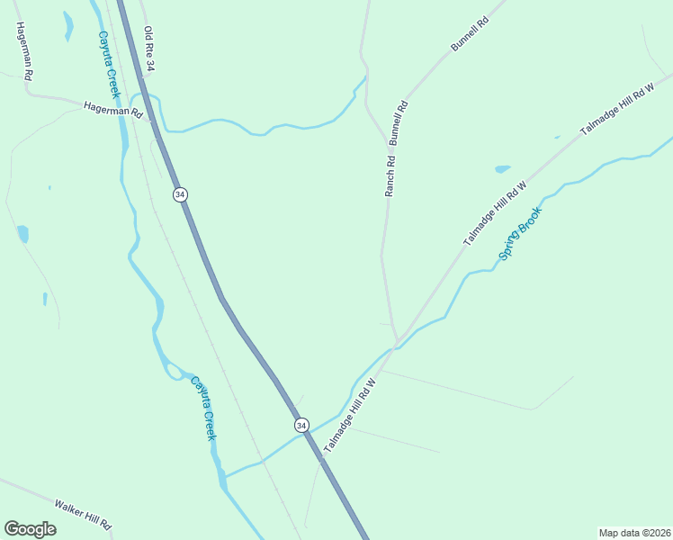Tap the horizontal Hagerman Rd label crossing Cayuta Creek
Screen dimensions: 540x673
[113, 109]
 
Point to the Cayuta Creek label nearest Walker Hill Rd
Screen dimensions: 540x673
[202, 408]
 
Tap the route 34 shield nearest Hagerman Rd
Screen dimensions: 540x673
[180, 194]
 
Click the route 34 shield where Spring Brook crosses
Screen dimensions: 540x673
[301, 425]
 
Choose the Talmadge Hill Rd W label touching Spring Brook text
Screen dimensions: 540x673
[494, 213]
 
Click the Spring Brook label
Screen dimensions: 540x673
[522, 234]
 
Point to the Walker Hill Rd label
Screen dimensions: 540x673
[82, 514]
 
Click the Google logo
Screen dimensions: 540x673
[30, 529]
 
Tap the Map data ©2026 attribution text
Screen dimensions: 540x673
[634, 533]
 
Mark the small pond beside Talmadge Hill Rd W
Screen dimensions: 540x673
[502, 168]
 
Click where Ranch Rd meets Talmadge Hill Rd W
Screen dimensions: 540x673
[397, 340]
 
